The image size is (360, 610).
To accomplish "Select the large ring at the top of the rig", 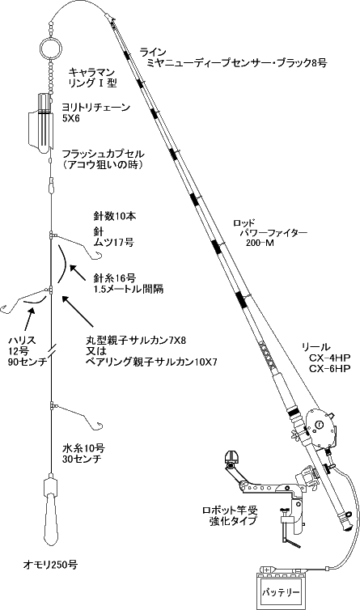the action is pyautogui.click(x=50, y=48).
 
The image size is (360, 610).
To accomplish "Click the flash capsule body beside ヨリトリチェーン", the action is pyautogui.click(x=40, y=123).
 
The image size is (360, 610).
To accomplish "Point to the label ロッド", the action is pyautogui.click(x=244, y=223).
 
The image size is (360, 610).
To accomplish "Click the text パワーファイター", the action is pyautogui.click(x=274, y=234).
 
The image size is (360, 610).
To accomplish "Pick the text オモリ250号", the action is pyautogui.click(x=50, y=565).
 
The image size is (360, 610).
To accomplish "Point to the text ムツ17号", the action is pyautogui.click(x=114, y=243).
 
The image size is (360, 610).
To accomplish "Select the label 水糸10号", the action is pyautogui.click(x=83, y=448).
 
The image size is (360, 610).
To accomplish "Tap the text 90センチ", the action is pyautogui.click(x=28, y=362).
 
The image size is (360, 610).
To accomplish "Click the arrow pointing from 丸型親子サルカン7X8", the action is pyautogui.click(x=78, y=311).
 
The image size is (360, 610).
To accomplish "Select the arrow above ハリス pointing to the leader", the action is pyautogui.click(x=29, y=321).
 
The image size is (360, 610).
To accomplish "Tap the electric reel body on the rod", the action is pyautogui.click(x=320, y=428).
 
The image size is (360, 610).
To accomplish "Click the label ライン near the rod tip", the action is pyautogui.click(x=153, y=52).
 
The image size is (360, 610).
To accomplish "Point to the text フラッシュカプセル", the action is pyautogui.click(x=104, y=154).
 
